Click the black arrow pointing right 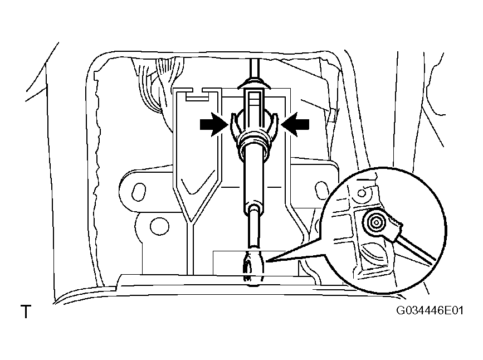tap(214, 124)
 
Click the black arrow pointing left tap(295, 124)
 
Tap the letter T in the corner tap(26, 312)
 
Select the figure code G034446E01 tap(430, 310)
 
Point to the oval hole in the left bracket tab tap(139, 191)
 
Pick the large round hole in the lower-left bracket tap(159, 227)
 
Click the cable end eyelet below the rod tap(253, 266)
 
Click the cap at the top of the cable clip tap(253, 83)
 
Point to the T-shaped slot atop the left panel tap(197, 95)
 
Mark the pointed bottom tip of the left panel tap(191, 222)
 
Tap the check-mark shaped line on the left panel tap(197, 184)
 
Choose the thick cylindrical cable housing tap(253, 178)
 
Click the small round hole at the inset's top tap(363, 193)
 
